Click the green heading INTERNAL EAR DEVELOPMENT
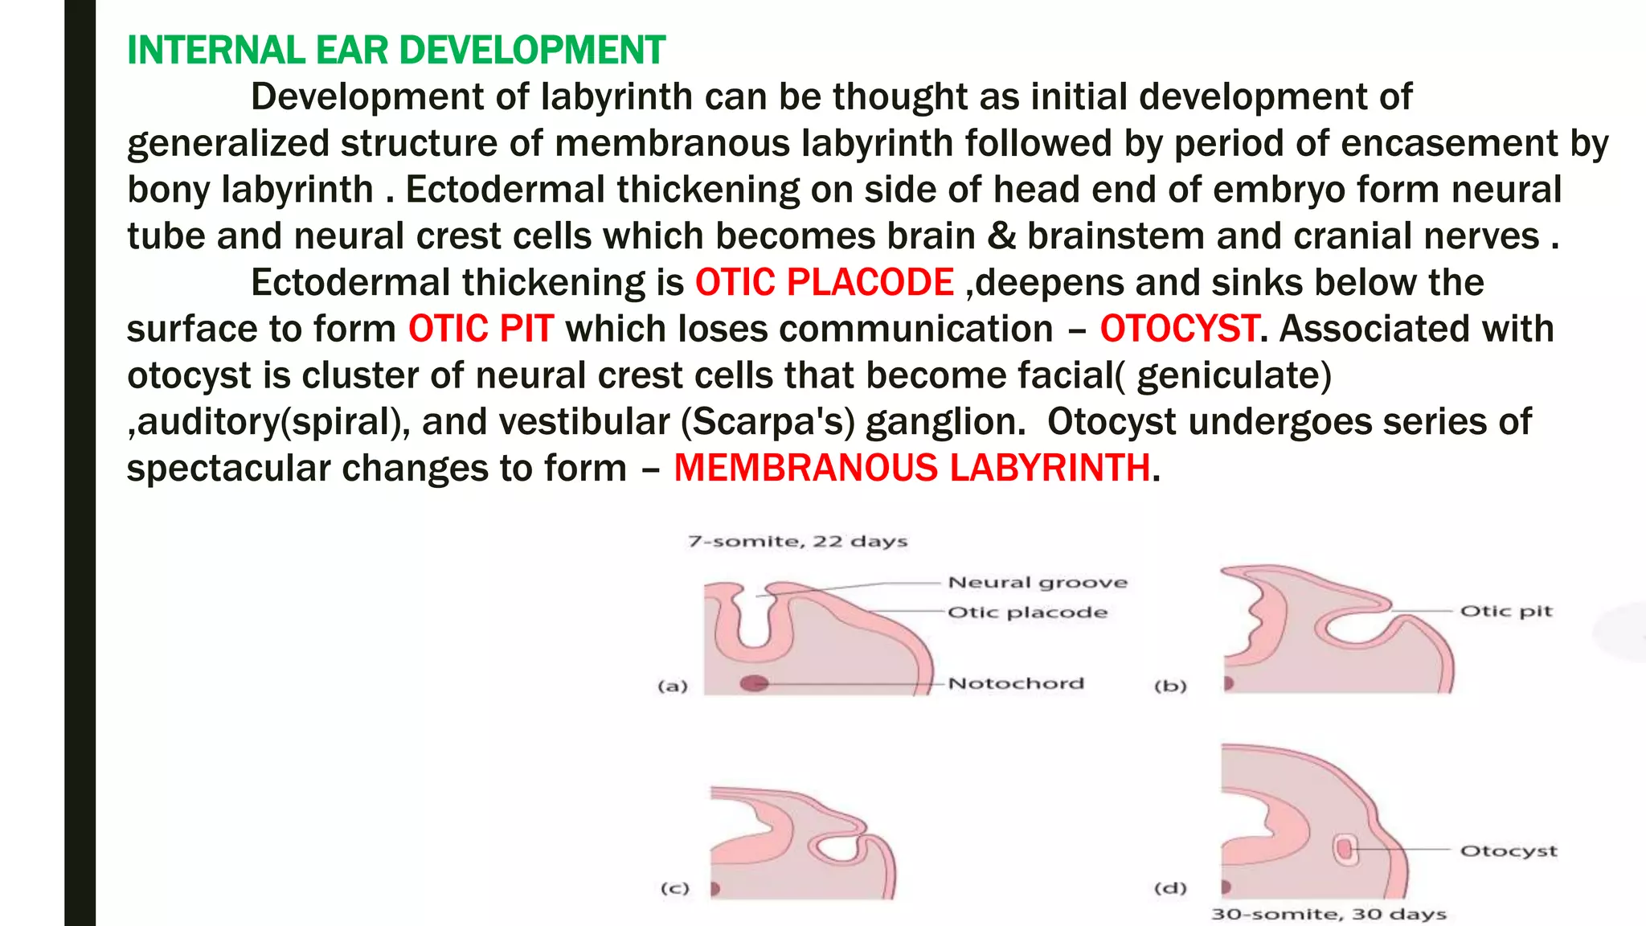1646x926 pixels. coord(396,50)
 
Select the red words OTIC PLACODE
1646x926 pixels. coord(824,283)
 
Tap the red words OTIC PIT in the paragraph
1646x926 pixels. coord(481,330)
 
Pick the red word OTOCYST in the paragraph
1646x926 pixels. coord(1178,330)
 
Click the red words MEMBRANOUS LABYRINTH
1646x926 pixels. coord(911,469)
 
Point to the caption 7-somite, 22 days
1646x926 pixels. coord(797,542)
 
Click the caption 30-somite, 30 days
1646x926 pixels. coord(1329,914)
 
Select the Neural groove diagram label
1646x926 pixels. coord(1038,583)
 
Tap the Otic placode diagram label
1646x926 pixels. coord(1027,613)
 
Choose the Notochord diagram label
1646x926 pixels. coord(1016,684)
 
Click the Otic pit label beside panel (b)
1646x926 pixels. coord(1505,612)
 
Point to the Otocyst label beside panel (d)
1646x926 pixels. coord(1508,851)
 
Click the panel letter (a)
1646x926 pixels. coord(673,686)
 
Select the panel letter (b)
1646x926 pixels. coord(1169,686)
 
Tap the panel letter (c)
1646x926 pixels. coord(674,888)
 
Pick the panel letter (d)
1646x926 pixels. coord(1169,888)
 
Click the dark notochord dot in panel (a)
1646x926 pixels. coord(754,684)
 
